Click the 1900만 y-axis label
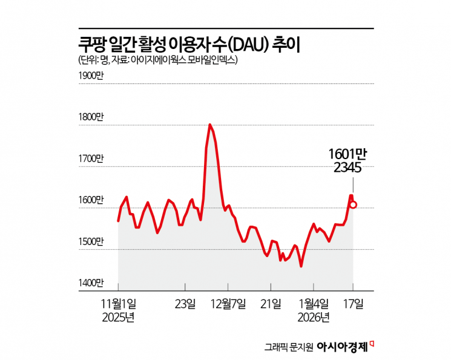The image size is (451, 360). point(91,76)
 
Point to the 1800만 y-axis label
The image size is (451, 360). point(91,117)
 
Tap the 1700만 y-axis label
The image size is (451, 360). point(91,159)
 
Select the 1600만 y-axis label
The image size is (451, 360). point(91,200)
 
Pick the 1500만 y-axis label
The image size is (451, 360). point(91,241)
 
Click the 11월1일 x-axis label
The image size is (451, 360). point(118,303)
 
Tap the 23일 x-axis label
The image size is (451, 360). point(185,303)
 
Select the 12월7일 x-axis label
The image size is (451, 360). point(228,303)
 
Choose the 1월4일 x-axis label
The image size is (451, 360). point(314,303)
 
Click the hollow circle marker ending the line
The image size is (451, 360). point(353,205)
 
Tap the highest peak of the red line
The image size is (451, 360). point(209,125)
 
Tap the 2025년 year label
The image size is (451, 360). point(118,316)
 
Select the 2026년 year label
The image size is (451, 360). point(314,316)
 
